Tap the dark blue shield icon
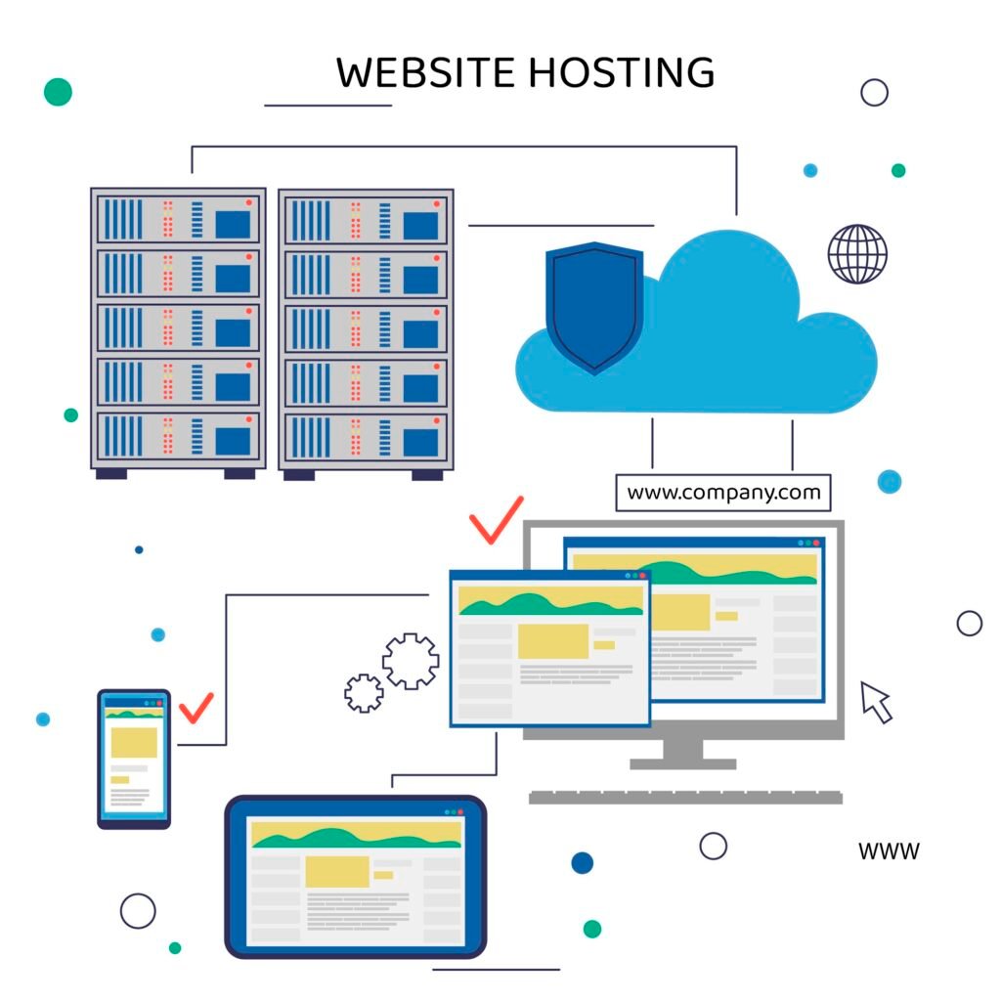[593, 307]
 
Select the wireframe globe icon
[857, 254]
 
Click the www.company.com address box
[723, 493]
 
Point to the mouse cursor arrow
[875, 701]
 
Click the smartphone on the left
[134, 759]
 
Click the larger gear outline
[411, 661]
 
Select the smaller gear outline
[364, 692]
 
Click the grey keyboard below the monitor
[684, 797]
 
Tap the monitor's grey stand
[682, 752]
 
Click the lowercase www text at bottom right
[889, 851]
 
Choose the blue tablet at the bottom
[356, 876]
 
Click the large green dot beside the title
[58, 92]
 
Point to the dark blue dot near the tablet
[582, 862]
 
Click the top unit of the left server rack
[178, 220]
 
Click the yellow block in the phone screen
[133, 742]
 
